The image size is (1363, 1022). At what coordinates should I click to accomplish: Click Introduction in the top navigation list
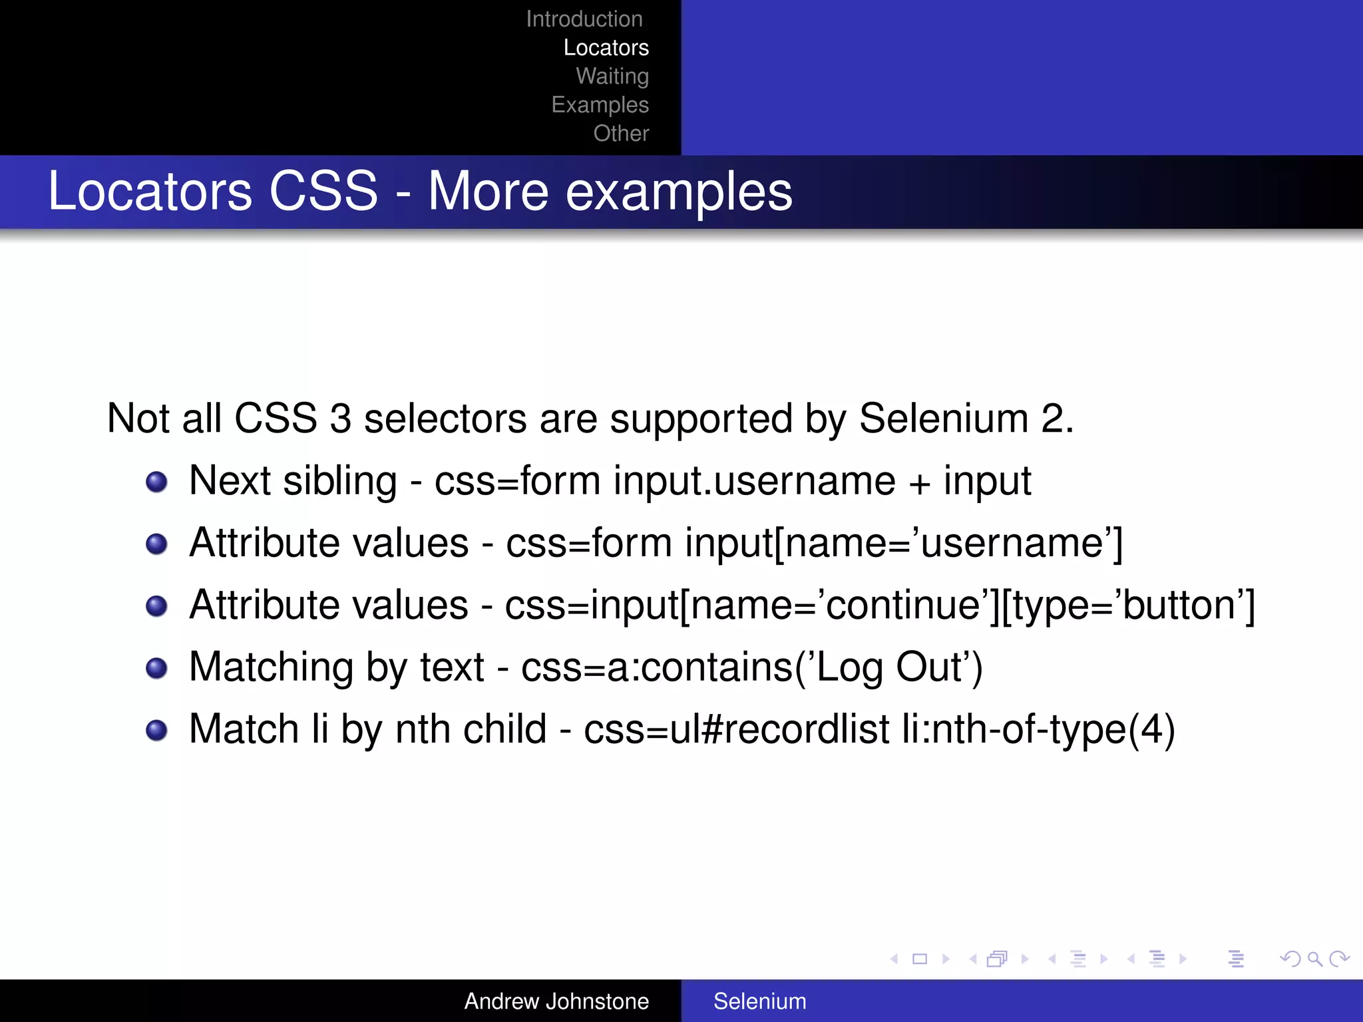[584, 19]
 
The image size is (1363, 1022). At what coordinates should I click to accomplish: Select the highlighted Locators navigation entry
[606, 48]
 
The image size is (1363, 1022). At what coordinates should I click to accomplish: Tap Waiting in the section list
[612, 77]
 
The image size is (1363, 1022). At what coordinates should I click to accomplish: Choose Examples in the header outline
[600, 105]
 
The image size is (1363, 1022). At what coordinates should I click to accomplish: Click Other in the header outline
[621, 134]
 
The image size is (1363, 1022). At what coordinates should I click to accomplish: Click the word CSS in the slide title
[323, 192]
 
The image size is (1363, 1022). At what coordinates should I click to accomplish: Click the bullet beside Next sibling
[156, 482]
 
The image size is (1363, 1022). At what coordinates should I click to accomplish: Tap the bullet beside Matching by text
[156, 668]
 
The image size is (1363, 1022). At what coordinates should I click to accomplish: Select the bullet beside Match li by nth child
[156, 730]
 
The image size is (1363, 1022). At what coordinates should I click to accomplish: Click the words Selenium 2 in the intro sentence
[965, 419]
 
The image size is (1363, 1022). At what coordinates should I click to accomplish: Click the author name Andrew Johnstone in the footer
[556, 1001]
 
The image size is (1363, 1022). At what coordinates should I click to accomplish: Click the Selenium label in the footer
[759, 1001]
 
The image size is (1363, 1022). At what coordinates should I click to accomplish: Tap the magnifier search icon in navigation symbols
[1314, 959]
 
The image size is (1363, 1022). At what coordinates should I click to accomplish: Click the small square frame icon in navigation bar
[920, 959]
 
